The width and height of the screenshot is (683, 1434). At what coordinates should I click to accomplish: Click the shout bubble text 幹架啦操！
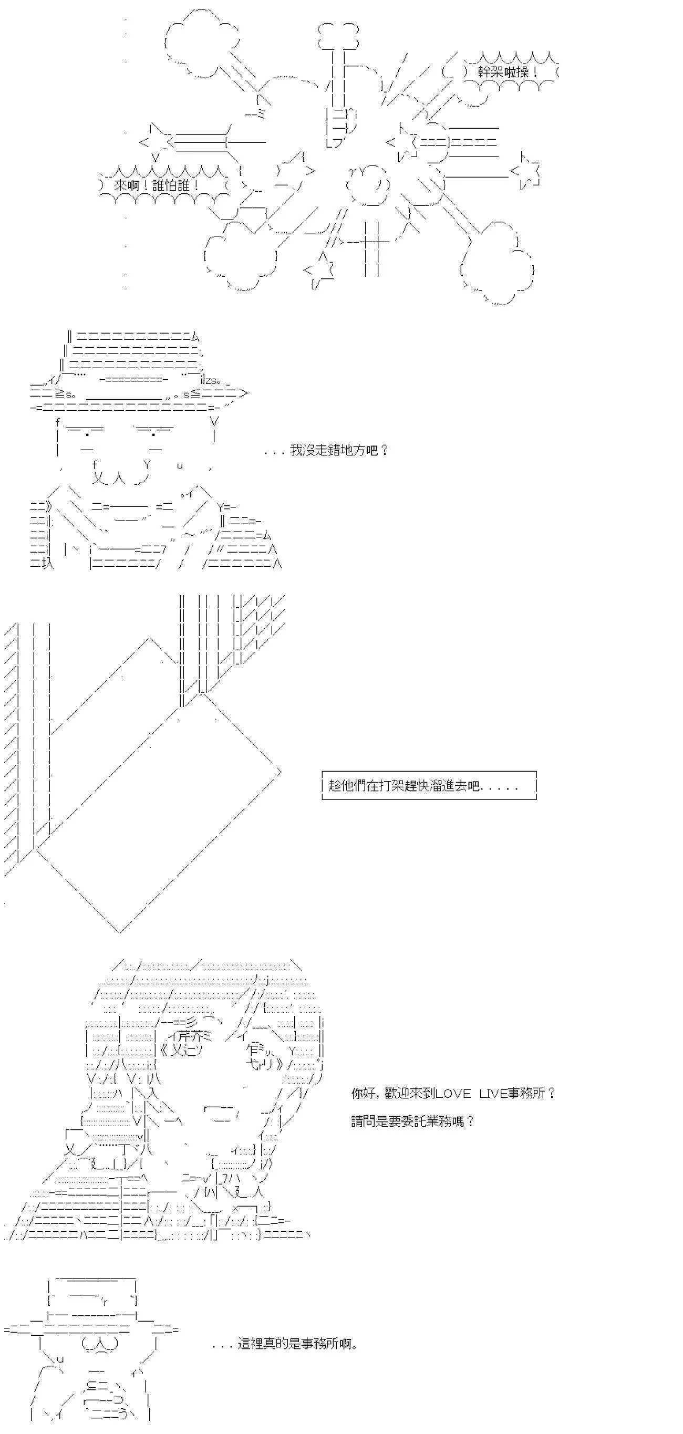508,72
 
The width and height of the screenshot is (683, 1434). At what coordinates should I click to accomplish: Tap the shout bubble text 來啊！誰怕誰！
157,185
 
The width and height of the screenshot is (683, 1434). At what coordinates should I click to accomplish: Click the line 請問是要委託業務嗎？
412,1121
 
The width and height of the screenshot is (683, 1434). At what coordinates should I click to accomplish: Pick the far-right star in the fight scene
525,170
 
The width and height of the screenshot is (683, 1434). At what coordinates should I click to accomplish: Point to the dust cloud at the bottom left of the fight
241,256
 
